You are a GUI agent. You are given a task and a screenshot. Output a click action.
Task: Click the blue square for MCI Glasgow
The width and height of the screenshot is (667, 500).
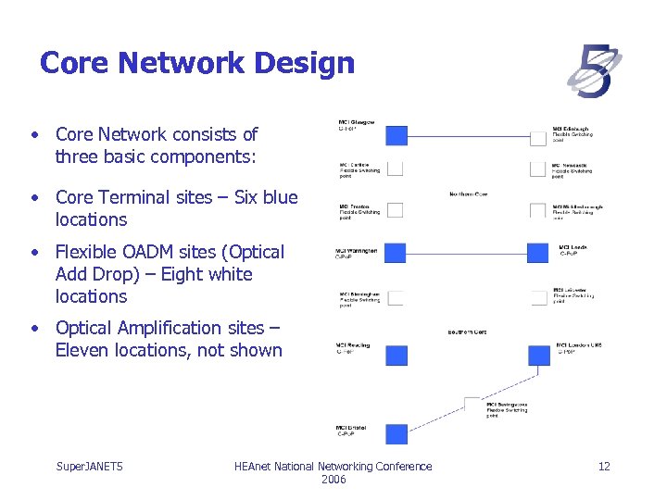[396, 136]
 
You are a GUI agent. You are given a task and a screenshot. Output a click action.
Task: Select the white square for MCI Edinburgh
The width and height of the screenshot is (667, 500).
[537, 138]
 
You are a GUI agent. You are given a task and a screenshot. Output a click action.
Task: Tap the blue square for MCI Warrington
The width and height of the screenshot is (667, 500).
[396, 253]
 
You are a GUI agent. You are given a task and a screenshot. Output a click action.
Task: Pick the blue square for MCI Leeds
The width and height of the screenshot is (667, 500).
[538, 253]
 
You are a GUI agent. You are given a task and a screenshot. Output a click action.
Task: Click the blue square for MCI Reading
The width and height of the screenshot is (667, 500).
[396, 355]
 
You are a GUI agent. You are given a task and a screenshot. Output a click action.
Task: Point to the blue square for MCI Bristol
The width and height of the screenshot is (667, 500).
[396, 433]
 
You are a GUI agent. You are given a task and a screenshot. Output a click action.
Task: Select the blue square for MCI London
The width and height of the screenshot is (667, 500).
[538, 356]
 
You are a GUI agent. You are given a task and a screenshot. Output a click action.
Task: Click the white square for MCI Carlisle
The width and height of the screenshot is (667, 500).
[396, 169]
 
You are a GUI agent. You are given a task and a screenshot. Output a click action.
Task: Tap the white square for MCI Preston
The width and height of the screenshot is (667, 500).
[396, 210]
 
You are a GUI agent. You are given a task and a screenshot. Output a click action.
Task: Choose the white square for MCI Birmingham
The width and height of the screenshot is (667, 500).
[396, 297]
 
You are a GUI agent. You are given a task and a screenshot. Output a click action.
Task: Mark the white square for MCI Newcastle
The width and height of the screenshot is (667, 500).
[537, 169]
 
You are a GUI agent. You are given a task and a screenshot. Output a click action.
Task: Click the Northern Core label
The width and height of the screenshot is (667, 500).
[468, 194]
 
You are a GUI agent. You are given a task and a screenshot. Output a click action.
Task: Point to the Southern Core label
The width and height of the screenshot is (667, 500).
[467, 331]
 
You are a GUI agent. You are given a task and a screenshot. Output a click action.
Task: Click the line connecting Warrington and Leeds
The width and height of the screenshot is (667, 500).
[467, 253]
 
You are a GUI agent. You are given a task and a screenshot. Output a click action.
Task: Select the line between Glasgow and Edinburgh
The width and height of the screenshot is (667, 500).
[467, 137]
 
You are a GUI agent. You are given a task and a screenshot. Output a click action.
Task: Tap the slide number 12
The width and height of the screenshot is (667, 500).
[604, 466]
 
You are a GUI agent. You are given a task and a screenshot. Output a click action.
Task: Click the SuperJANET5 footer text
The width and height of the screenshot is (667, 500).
[90, 466]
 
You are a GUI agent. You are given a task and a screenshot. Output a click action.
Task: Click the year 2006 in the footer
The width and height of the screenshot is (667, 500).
[333, 480]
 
